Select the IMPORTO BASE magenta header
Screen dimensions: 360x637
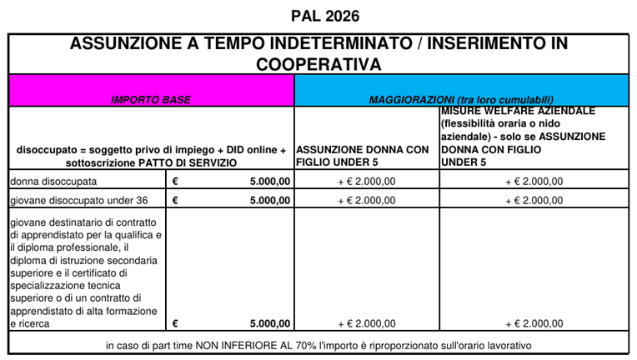point(151,99)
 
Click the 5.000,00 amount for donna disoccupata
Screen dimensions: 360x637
point(269,180)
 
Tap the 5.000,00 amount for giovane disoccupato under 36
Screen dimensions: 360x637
point(269,200)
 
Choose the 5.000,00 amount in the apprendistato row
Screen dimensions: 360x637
point(269,323)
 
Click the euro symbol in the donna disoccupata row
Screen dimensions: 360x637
point(176,180)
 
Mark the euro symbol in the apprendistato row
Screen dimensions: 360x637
point(176,323)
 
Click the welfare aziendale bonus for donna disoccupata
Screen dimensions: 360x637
point(534,180)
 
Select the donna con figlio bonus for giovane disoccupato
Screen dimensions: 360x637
point(367,200)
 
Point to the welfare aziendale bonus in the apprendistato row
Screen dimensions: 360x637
point(534,323)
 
